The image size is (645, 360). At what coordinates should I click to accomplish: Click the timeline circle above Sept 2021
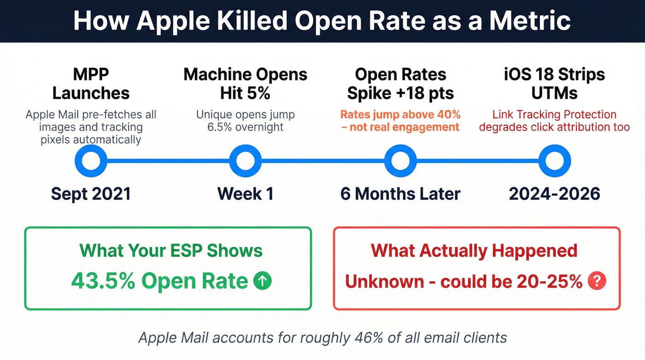(x=91, y=161)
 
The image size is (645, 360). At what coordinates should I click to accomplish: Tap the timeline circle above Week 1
(x=245, y=161)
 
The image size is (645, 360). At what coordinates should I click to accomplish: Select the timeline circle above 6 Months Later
(x=400, y=161)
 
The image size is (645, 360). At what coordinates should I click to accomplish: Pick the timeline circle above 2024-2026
(x=555, y=161)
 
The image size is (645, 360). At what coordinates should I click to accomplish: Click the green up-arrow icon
(x=263, y=281)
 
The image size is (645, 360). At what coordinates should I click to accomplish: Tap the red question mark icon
(x=597, y=281)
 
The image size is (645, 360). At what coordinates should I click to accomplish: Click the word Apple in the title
(x=172, y=21)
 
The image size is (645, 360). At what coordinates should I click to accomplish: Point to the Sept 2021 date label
(x=91, y=194)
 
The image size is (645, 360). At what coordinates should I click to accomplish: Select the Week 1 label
(x=245, y=194)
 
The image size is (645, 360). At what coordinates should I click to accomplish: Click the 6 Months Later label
(x=400, y=194)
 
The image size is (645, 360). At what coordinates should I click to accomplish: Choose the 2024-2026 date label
(x=555, y=194)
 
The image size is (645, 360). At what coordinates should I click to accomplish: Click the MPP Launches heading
(x=91, y=84)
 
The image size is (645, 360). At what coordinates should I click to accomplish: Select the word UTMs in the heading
(x=555, y=94)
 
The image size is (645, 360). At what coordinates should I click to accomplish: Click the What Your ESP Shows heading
(x=171, y=251)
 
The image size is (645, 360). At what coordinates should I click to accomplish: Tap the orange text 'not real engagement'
(x=405, y=127)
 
